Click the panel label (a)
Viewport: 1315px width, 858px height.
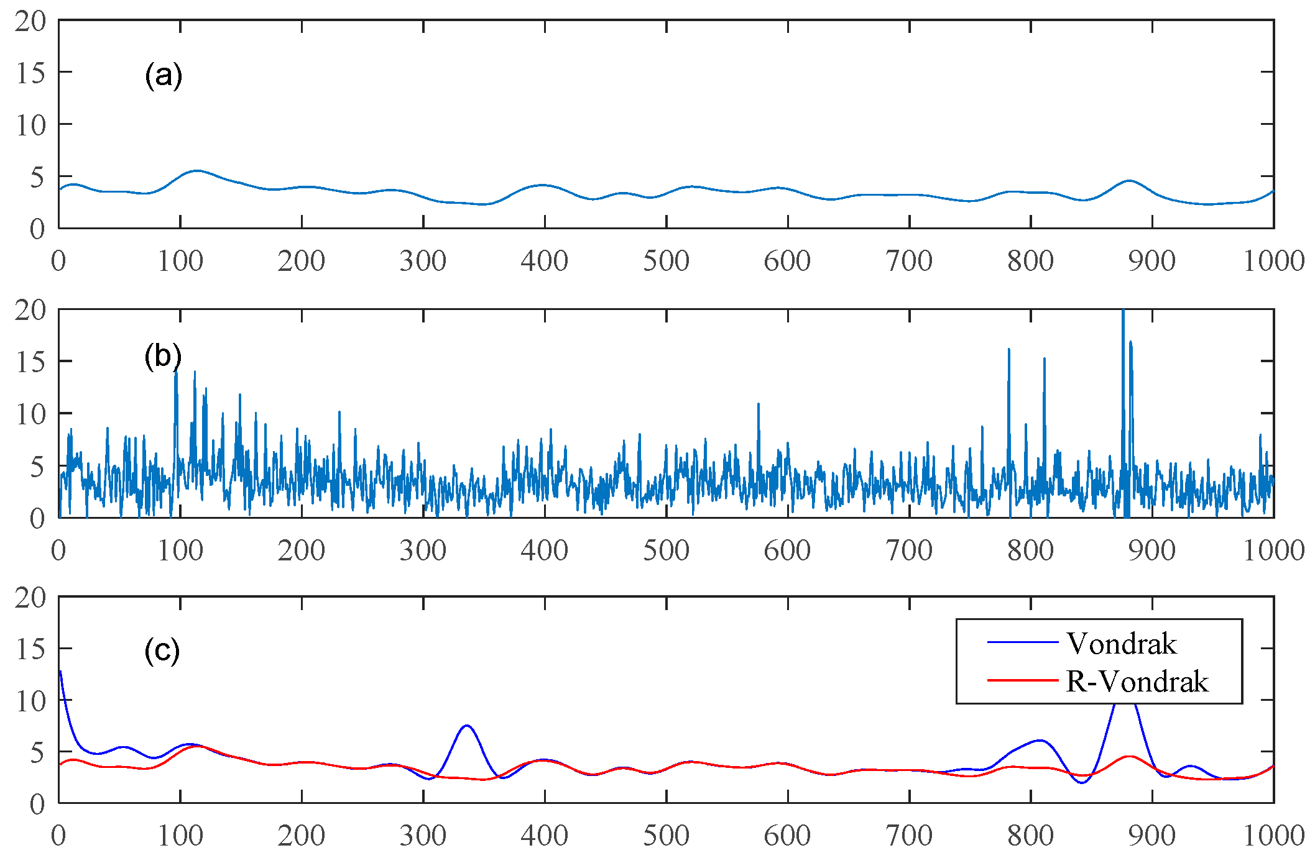point(164,76)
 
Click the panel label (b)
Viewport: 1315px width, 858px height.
point(163,357)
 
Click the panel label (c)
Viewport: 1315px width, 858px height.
point(162,651)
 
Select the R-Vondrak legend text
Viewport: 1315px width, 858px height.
point(1137,682)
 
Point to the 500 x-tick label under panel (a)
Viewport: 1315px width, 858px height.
point(666,261)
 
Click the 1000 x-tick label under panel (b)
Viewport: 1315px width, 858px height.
point(1273,550)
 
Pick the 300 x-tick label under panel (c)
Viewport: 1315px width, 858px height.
point(423,836)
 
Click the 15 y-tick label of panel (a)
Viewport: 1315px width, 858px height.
point(31,73)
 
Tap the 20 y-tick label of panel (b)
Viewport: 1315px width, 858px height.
point(31,310)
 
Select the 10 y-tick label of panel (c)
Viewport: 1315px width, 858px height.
point(31,701)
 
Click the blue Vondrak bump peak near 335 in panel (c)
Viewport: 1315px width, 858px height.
point(466,726)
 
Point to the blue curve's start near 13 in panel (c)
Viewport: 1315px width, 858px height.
point(60,672)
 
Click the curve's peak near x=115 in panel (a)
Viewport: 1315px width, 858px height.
point(197,170)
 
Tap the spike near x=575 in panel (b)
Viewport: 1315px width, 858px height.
point(759,405)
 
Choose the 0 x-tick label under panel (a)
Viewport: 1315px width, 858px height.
point(58,261)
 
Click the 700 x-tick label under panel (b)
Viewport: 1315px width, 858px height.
point(909,550)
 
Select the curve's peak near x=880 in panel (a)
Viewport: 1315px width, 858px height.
point(1129,181)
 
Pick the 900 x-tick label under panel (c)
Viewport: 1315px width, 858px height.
point(1152,836)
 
